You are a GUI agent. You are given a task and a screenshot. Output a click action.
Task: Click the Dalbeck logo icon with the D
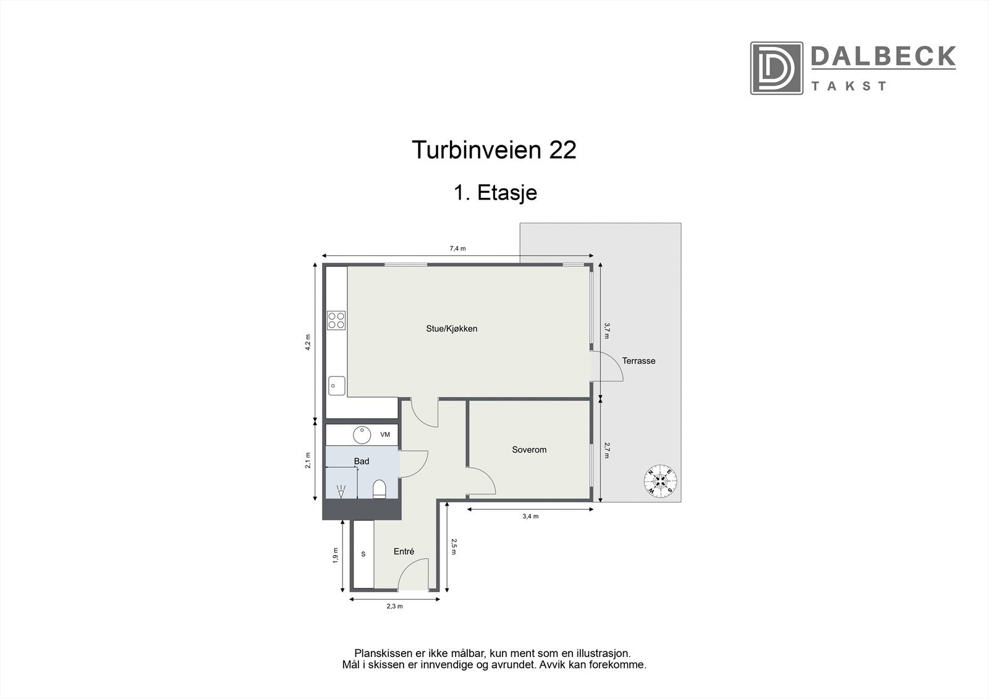(x=776, y=68)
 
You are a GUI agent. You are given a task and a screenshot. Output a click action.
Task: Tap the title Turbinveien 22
(x=494, y=150)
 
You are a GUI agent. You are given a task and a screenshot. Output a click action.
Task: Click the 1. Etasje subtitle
(x=495, y=193)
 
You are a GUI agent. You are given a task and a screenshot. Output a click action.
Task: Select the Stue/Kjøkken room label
(x=451, y=329)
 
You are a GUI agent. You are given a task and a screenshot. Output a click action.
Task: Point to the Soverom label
(x=529, y=450)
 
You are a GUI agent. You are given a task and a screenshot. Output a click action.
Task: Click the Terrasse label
(x=639, y=361)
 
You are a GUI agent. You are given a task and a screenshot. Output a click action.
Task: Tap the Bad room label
(x=362, y=462)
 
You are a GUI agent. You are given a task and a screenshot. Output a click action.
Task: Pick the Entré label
(x=404, y=552)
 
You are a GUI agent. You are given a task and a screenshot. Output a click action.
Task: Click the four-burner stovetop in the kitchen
(x=336, y=320)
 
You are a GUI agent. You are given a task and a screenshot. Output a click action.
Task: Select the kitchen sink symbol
(x=336, y=386)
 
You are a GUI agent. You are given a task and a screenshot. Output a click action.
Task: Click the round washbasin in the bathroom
(x=362, y=434)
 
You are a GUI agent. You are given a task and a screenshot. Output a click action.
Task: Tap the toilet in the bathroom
(x=380, y=489)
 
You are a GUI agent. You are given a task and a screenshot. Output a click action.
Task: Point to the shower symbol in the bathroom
(x=340, y=492)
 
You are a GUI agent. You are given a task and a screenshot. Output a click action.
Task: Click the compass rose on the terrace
(x=660, y=480)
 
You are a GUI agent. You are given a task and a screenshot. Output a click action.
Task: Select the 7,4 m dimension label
(x=457, y=248)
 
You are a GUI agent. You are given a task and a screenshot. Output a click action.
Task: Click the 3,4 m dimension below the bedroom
(x=530, y=517)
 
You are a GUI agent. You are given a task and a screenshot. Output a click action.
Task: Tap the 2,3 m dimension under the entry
(x=394, y=606)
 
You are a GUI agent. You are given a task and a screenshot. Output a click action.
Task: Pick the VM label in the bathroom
(x=385, y=434)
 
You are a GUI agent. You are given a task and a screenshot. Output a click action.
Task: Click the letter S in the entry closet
(x=363, y=554)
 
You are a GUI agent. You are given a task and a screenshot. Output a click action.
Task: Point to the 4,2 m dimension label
(x=307, y=342)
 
